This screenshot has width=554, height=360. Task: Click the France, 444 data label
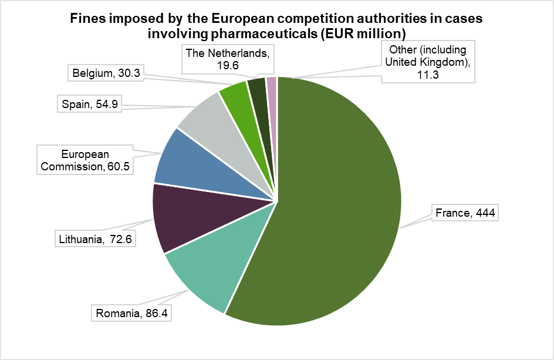465,213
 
